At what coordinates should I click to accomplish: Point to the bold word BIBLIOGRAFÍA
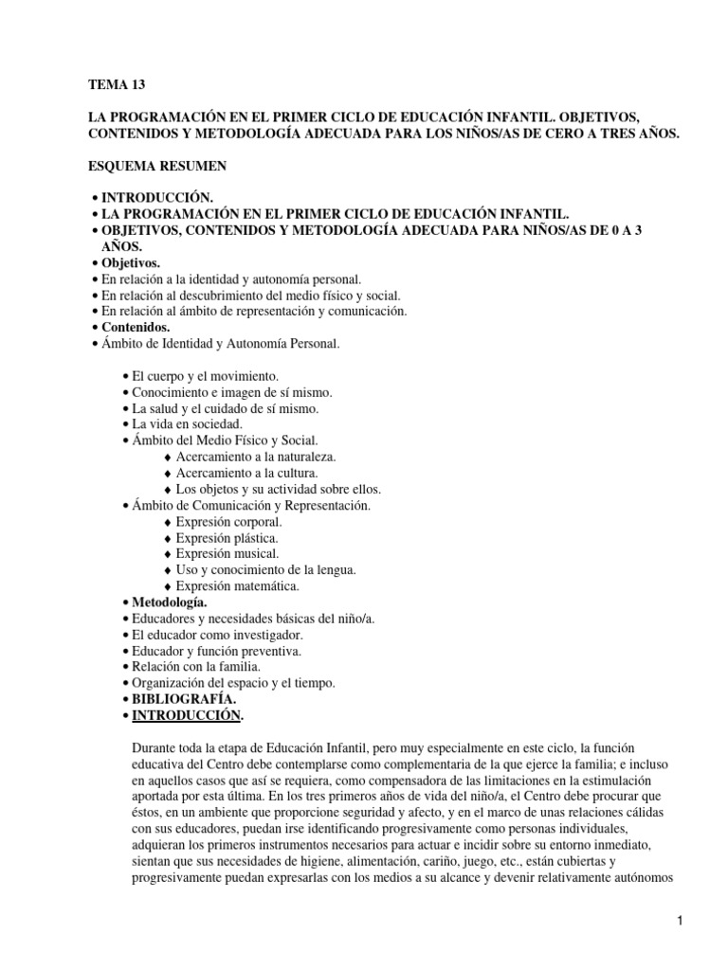(x=183, y=699)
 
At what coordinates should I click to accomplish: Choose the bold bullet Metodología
(x=172, y=602)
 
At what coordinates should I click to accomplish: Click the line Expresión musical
(x=227, y=553)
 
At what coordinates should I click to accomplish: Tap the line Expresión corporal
(x=228, y=521)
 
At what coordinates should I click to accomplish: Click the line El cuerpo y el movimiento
(x=205, y=376)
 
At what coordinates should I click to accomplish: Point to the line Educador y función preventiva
(x=217, y=651)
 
